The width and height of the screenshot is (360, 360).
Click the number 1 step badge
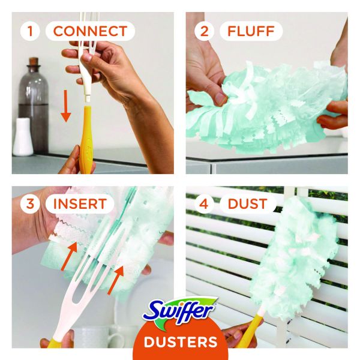pyautogui.click(x=29, y=31)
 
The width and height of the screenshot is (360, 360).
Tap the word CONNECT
pyautogui.click(x=90, y=31)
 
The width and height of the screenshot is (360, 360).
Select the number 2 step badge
pyautogui.click(x=204, y=31)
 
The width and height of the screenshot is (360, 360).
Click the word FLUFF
pyautogui.click(x=251, y=31)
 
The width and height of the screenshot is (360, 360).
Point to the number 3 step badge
pyautogui.click(x=30, y=203)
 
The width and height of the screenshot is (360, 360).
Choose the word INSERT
pyautogui.click(x=80, y=203)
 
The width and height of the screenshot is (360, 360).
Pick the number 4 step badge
pyautogui.click(x=204, y=203)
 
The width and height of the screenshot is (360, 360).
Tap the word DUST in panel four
pyautogui.click(x=247, y=203)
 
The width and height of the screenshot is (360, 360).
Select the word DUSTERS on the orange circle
pyautogui.click(x=181, y=342)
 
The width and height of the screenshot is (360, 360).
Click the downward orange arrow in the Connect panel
pyautogui.click(x=66, y=106)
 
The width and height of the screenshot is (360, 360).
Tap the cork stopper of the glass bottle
pyautogui.click(x=34, y=62)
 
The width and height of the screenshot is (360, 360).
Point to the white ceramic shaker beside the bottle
pyautogui.click(x=23, y=137)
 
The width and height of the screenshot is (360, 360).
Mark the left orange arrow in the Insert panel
pyautogui.click(x=69, y=256)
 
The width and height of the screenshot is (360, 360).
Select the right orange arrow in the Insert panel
pyautogui.click(x=116, y=280)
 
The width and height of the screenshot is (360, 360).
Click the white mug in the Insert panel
pyautogui.click(x=99, y=337)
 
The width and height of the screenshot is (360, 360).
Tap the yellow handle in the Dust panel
pyautogui.click(x=248, y=331)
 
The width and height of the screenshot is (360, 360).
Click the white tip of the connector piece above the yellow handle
pyautogui.click(x=88, y=100)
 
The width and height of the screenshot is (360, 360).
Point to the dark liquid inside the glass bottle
pyautogui.click(x=34, y=126)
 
